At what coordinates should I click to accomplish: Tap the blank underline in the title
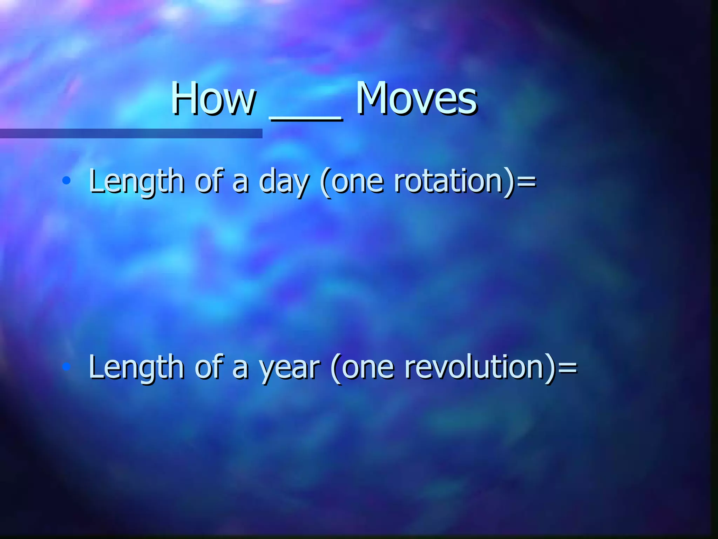(306, 119)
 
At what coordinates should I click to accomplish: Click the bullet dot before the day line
(66, 181)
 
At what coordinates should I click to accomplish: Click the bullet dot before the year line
(66, 367)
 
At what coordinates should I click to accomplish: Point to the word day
(284, 182)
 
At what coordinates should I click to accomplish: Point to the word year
(290, 368)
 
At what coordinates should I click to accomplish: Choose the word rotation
(449, 181)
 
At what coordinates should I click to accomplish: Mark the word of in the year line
(209, 367)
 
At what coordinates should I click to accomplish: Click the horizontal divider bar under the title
(131, 133)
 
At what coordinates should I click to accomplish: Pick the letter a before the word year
(241, 369)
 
